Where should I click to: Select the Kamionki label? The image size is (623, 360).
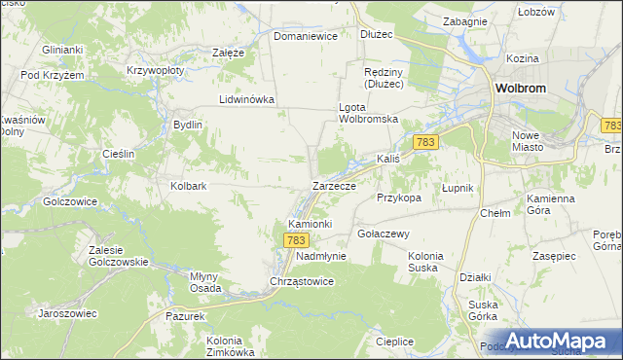pyautogui.click(x=311, y=223)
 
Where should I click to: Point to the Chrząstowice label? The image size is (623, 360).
pyautogui.click(x=302, y=281)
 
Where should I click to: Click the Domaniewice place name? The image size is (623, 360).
pyautogui.click(x=305, y=36)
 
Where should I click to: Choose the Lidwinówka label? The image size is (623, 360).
pyautogui.click(x=247, y=99)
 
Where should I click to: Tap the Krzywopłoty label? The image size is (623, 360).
pyautogui.click(x=156, y=71)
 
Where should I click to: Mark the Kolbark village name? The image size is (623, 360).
pyautogui.click(x=189, y=185)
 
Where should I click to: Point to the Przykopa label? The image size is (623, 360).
pyautogui.click(x=399, y=197)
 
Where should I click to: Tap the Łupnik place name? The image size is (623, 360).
pyautogui.click(x=457, y=187)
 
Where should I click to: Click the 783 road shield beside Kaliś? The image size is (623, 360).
pyautogui.click(x=424, y=142)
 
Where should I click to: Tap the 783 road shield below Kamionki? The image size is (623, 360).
pyautogui.click(x=297, y=239)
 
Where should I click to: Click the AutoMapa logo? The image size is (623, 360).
pyautogui.click(x=553, y=341)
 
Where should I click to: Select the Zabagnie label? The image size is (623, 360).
pyautogui.click(x=464, y=20)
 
